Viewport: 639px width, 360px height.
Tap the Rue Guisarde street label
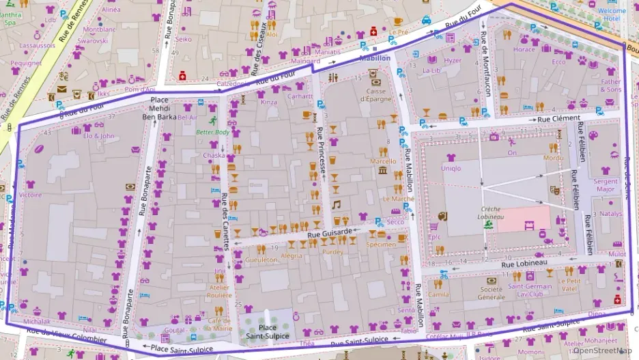330,233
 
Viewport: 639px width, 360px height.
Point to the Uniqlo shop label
451,168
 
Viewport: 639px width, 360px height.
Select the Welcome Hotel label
612,15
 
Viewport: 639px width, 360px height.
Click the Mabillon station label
375,59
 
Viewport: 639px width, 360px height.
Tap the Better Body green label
213,133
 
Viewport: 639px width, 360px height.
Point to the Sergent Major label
606,184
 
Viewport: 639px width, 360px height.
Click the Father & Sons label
611,85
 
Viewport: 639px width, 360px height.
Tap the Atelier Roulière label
219,292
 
